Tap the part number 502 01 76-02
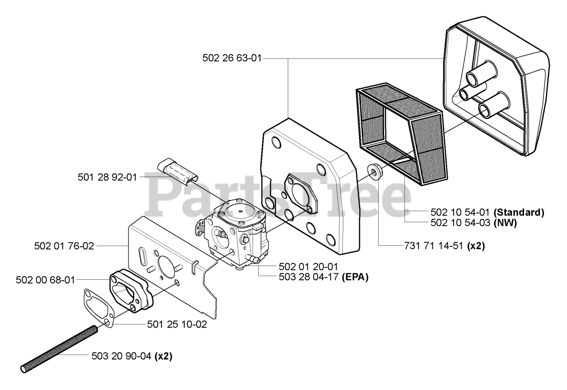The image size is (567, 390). (64, 246)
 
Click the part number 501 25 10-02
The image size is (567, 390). (177, 324)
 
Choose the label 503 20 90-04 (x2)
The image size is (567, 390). (132, 355)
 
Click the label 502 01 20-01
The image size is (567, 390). (308, 266)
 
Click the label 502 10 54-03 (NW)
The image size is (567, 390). (474, 223)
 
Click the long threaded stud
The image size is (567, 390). (58, 348)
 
